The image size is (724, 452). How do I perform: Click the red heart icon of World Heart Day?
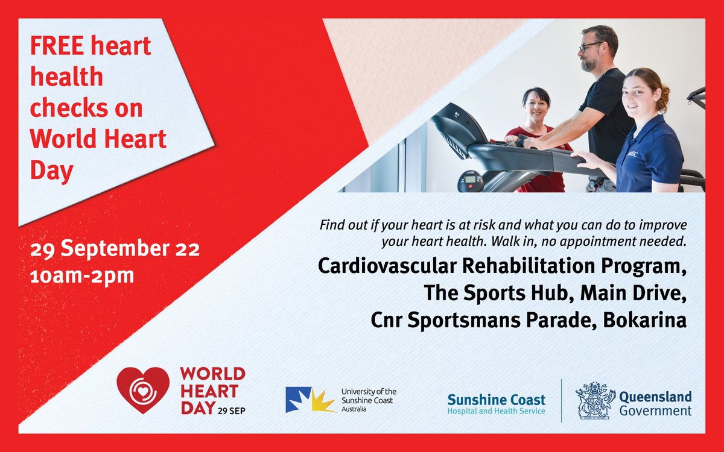pos(143,390)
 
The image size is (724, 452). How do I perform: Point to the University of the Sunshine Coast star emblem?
pos(310,400)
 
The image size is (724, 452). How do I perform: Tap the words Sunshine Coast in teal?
pos(496,399)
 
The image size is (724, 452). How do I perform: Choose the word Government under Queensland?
pos(655,411)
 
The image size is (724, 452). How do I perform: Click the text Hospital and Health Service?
pos(496,411)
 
